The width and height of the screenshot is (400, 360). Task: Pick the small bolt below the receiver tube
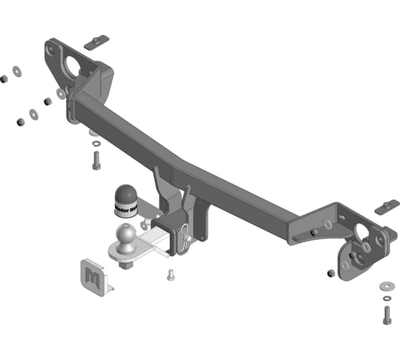pos(171,274)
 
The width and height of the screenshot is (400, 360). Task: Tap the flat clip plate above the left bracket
pos(95,44)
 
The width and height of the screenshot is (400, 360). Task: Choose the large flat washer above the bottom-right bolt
pos(386,286)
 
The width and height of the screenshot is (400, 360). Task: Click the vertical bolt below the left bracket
pos(96,160)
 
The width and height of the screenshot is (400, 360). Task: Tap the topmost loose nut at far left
pos(4,77)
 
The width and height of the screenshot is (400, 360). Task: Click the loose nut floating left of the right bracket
pos(329,273)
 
